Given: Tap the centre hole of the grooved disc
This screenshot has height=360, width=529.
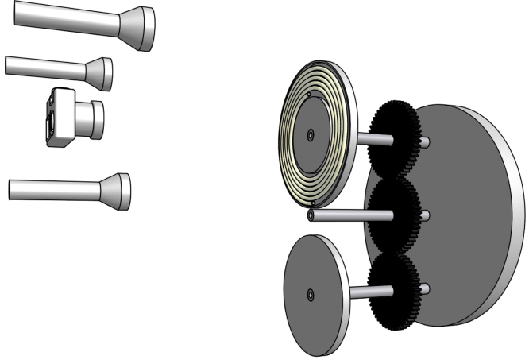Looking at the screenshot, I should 310,134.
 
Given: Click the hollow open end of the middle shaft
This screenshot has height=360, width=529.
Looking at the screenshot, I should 311,215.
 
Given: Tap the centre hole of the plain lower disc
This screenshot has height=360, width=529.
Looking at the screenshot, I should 310,295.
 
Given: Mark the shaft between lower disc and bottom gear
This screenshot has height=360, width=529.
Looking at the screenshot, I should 366,292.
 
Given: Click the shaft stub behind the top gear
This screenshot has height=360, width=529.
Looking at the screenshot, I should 426,142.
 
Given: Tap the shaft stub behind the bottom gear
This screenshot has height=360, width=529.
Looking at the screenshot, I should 426,287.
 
